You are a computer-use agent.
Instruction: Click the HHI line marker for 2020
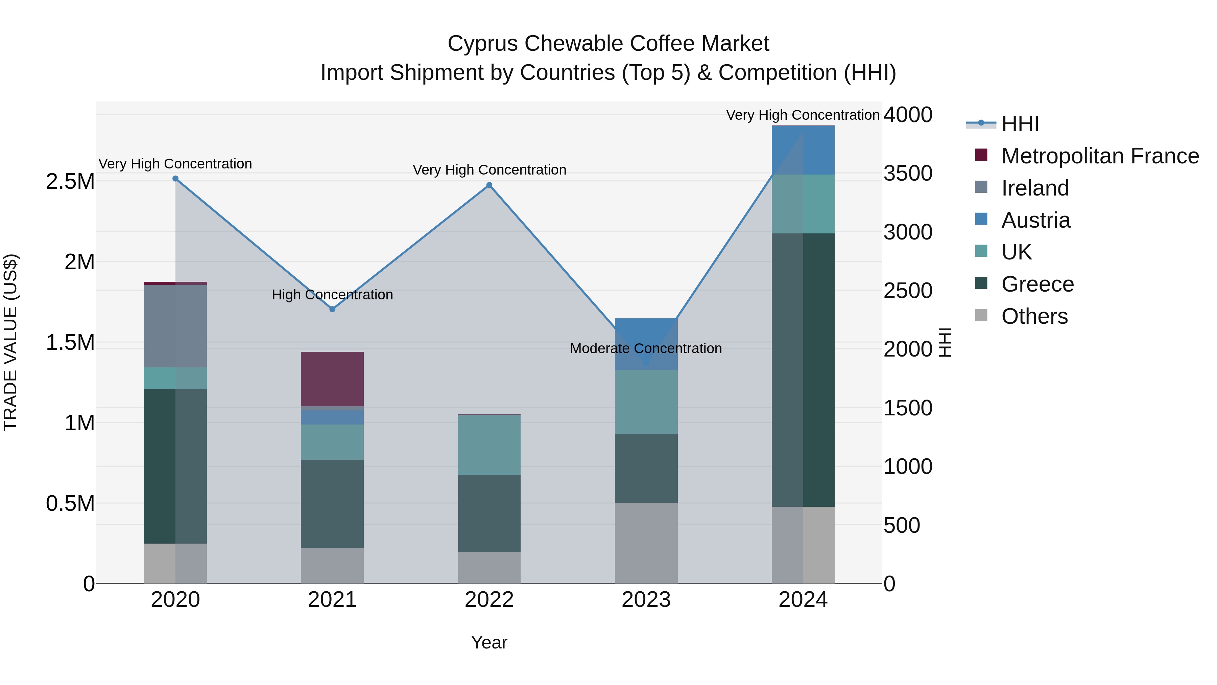(175, 179)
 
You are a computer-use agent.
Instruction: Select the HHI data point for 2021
(332, 309)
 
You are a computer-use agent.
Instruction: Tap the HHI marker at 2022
(489, 185)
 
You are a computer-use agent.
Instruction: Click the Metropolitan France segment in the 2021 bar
(332, 379)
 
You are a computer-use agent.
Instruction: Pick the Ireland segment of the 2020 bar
(175, 326)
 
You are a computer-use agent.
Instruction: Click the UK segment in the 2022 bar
(489, 445)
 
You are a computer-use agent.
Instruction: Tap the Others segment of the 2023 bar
(646, 543)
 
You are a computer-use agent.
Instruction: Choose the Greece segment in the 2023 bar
(646, 468)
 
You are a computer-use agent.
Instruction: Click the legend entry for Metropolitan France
(1100, 156)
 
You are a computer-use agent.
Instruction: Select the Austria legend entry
(1035, 220)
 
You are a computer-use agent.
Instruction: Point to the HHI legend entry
(1020, 124)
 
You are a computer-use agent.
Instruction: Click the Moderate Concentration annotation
(646, 348)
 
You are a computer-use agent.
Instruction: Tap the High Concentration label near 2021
(332, 295)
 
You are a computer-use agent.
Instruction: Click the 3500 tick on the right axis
(908, 174)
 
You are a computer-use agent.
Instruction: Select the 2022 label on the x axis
(489, 600)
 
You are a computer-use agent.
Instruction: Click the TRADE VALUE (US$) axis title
(10, 342)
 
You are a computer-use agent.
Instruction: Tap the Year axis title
(489, 642)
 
